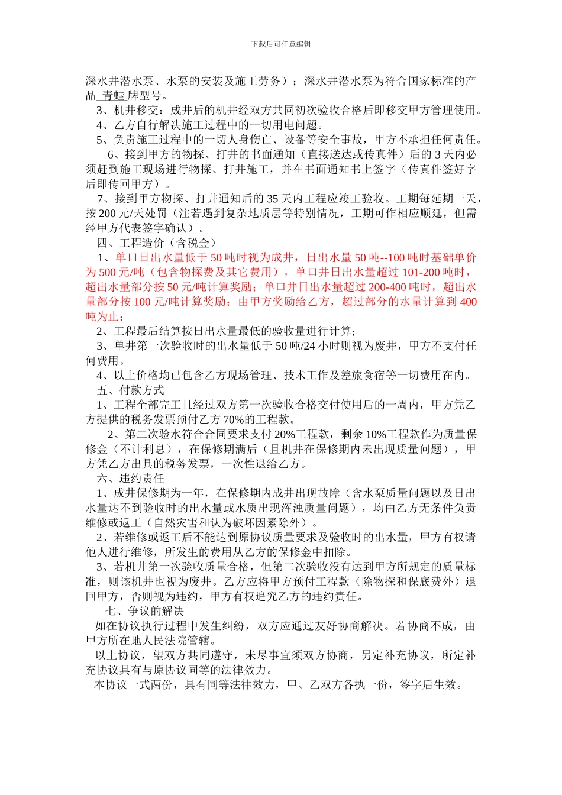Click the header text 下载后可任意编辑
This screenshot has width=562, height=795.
(x=281, y=44)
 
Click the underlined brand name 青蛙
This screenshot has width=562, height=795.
(x=113, y=96)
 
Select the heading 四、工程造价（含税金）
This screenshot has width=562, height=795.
(x=157, y=243)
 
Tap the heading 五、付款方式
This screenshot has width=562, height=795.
(x=131, y=390)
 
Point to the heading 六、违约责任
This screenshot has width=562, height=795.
(x=131, y=479)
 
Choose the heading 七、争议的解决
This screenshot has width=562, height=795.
(x=145, y=611)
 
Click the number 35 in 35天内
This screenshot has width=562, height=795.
(x=273, y=199)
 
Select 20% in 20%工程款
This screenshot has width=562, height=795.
(x=285, y=435)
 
